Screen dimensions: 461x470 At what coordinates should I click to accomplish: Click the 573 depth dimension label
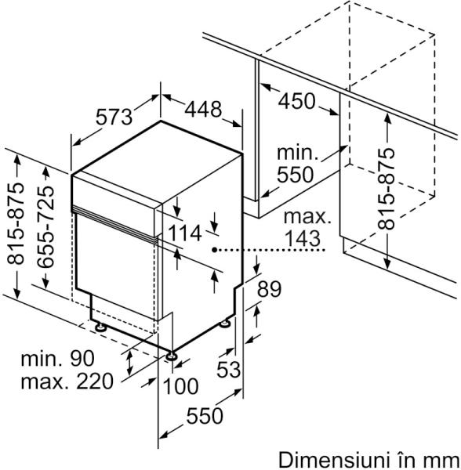[114, 117]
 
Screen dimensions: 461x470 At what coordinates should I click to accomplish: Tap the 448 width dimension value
[203, 109]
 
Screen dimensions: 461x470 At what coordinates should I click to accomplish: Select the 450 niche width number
[296, 101]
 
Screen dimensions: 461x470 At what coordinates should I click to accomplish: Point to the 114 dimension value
[184, 233]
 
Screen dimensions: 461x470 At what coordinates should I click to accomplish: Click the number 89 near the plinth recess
[270, 289]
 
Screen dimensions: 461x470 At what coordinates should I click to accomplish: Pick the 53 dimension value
[229, 369]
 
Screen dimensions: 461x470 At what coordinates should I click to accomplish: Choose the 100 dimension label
[180, 386]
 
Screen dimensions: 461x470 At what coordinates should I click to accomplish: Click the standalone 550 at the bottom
[205, 416]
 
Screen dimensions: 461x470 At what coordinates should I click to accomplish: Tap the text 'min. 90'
[57, 358]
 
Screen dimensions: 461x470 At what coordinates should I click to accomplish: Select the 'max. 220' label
[67, 381]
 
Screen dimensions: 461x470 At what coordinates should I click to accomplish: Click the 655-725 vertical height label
[46, 227]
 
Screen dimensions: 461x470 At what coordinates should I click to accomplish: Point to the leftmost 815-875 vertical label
[16, 223]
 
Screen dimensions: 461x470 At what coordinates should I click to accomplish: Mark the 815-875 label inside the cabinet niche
[386, 189]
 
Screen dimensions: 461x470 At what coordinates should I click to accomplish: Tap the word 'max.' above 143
[307, 216]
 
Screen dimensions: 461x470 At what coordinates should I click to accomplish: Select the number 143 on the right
[302, 239]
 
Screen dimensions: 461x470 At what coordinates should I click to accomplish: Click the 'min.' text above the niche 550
[297, 153]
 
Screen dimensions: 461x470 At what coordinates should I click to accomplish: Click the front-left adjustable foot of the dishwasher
[171, 356]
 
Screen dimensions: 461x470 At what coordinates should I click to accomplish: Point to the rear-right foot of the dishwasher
[225, 324]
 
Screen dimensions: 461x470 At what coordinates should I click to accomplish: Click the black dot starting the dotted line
[215, 249]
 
